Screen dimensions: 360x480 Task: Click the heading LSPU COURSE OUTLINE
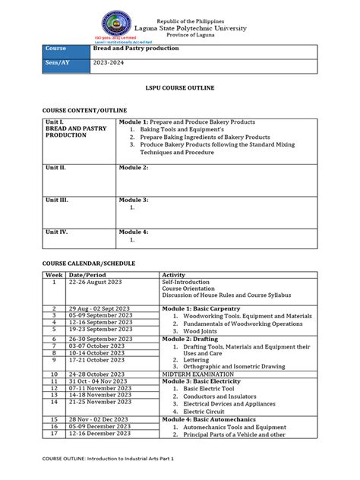point(180,88)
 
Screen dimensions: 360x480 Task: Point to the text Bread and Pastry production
point(135,49)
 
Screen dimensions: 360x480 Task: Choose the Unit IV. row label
point(57,232)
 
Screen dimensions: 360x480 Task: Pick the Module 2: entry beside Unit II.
point(134,166)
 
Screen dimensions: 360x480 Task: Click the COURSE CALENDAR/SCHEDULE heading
point(88,263)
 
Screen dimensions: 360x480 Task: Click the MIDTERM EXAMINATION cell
point(201,374)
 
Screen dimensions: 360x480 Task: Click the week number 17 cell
point(54,434)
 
